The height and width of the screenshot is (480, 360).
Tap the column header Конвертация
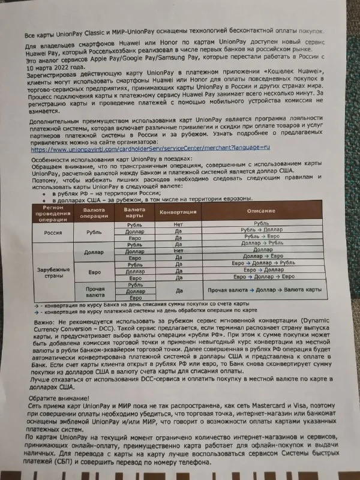point(179,212)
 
